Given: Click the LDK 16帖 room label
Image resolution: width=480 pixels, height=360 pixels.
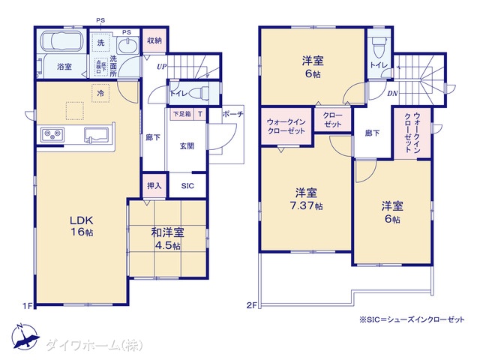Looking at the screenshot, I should [x=80, y=226].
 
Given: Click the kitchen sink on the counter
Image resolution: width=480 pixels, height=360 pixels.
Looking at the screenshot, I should [x=97, y=135].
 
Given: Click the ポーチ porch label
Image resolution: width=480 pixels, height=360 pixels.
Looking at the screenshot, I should [x=232, y=115].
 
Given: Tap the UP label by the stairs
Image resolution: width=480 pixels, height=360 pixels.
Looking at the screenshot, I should [x=161, y=67].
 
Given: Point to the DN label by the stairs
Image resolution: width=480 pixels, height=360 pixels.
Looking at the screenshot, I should [x=392, y=94].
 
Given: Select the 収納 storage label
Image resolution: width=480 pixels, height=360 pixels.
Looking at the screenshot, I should [x=154, y=40].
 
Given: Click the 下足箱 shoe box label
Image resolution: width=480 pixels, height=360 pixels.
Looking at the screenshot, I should [x=181, y=114].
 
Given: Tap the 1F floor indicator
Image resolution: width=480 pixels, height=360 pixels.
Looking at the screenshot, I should [x=27, y=306].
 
